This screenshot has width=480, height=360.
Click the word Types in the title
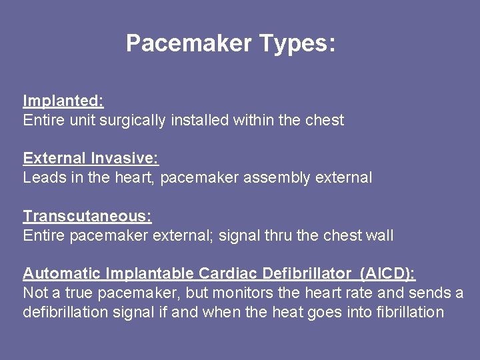[x=297, y=44]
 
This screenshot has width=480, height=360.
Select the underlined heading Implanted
[x=63, y=101]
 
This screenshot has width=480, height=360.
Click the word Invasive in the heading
[x=125, y=159]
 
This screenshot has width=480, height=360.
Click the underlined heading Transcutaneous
[x=87, y=216]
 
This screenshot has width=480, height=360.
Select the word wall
[x=379, y=235]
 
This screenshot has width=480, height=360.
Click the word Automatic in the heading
[x=62, y=273]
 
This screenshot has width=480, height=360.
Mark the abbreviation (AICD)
[x=387, y=273]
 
